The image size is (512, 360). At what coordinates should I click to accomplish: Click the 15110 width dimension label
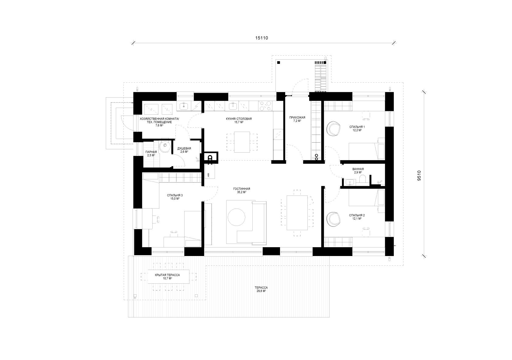pos(261,38)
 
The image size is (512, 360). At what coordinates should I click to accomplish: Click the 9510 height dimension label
pos(419,176)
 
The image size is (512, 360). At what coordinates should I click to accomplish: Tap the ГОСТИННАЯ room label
pos(242,189)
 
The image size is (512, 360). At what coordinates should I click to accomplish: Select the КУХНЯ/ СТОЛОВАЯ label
pos(239,119)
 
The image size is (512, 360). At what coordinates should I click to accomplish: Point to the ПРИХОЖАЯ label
pos(297,117)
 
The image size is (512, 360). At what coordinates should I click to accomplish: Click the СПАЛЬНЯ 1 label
pos(357,127)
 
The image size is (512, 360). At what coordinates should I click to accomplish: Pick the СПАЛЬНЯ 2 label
pos(357,215)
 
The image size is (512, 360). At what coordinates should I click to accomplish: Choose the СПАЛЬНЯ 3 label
pos(175,195)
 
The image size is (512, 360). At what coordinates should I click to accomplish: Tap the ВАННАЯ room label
pos(358,169)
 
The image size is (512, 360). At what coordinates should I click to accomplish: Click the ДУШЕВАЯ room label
pos(184,148)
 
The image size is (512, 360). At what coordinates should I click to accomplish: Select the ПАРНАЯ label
pos(151,152)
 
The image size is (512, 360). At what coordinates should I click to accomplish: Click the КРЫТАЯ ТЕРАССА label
pos(167,275)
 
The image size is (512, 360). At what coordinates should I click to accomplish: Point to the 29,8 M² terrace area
pos(261,291)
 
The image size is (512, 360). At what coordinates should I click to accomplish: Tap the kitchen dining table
pos(242,142)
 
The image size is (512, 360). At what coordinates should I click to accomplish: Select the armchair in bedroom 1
pos(333,129)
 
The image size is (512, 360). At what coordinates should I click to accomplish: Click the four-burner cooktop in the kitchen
pos(265,106)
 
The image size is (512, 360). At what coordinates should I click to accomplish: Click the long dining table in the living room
pos(297,213)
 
